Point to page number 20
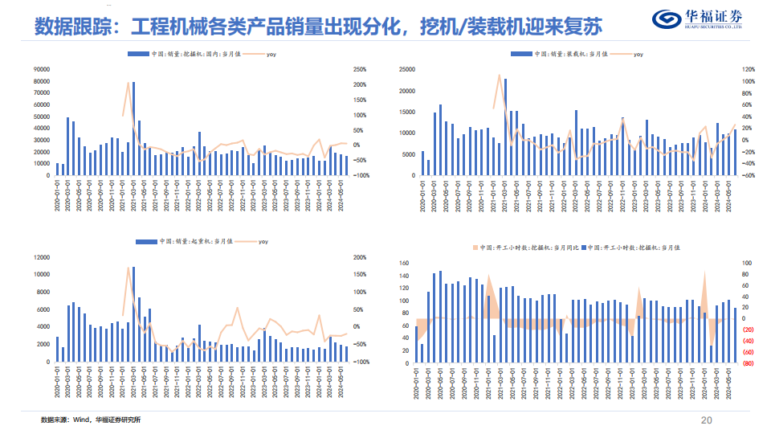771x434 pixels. pos(707,420)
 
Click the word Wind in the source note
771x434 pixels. pos(82,420)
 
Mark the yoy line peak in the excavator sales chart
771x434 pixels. pos(128,83)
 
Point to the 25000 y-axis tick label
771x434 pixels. pos(406,69)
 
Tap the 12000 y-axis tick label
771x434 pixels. pos(42,257)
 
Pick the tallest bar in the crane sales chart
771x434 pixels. pos(133,313)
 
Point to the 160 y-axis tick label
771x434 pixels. pos(405,263)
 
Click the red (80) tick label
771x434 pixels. pos(748,363)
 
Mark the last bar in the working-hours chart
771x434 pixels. pos(735,335)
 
